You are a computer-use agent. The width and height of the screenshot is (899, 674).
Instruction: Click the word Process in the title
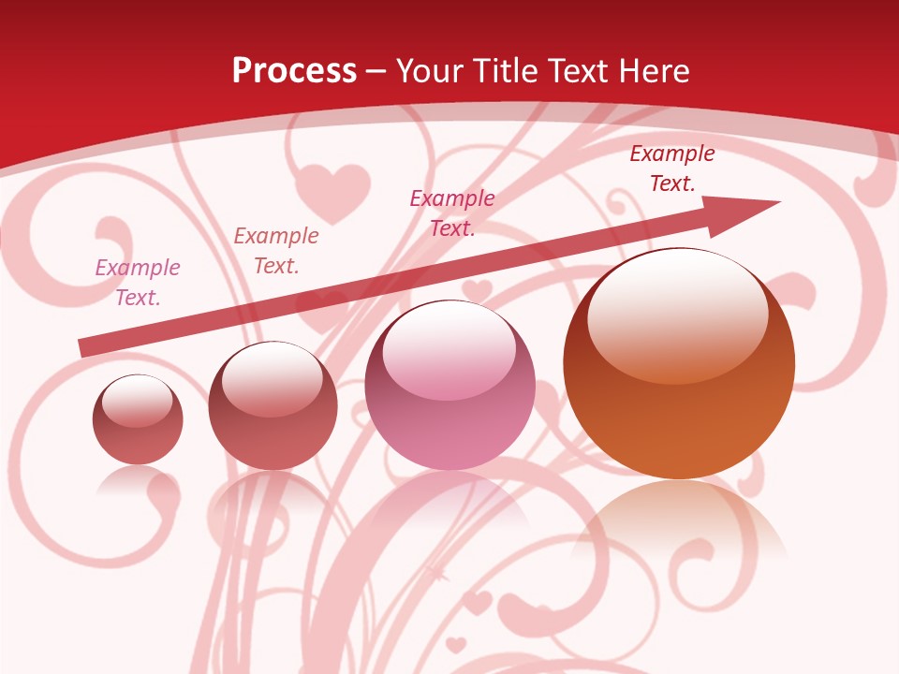point(294,71)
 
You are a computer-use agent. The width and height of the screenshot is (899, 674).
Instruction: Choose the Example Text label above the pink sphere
point(452,212)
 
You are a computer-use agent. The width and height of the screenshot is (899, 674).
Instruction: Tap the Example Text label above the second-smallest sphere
point(276,251)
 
